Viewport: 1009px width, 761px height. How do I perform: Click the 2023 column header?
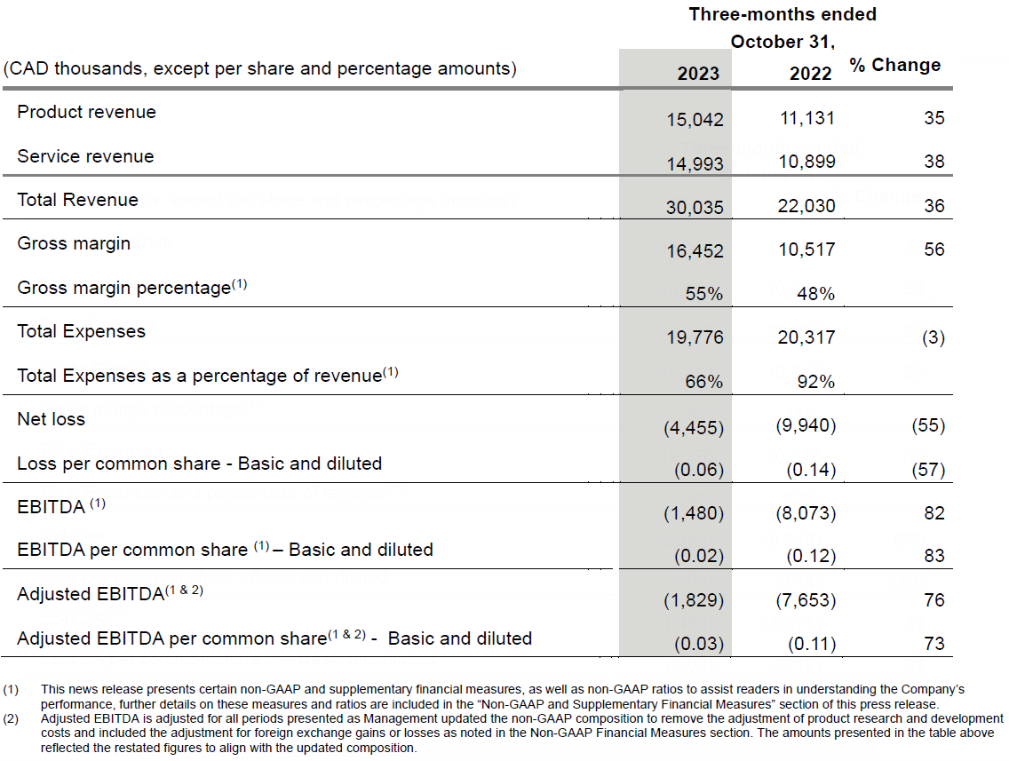click(698, 73)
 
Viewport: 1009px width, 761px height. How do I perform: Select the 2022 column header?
click(810, 73)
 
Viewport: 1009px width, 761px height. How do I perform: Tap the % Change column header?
click(894, 65)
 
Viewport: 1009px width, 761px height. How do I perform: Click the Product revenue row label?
click(86, 112)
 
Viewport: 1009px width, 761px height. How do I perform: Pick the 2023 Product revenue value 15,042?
click(695, 119)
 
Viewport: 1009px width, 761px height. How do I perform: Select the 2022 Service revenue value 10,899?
click(806, 163)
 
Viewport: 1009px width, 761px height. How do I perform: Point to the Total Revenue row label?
click(77, 200)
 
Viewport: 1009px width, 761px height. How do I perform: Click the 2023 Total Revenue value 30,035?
click(695, 207)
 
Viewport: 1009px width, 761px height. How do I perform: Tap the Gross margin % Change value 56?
click(934, 250)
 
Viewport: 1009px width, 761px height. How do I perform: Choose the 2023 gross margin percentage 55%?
click(703, 294)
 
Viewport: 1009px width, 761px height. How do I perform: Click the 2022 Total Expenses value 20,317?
click(806, 337)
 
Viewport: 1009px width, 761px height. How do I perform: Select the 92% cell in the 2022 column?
click(815, 382)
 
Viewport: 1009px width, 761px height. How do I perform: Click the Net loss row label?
click(51, 419)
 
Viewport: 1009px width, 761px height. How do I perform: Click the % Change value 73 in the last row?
click(934, 644)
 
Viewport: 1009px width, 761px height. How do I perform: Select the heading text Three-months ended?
click(782, 14)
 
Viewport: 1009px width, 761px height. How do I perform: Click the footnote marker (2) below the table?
click(11, 718)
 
